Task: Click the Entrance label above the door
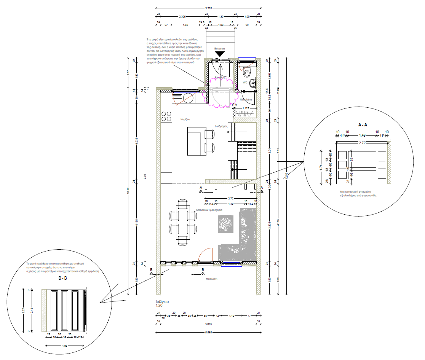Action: (220, 49)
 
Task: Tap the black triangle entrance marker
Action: (220, 55)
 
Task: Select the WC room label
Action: (245, 82)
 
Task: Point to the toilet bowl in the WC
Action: (248, 72)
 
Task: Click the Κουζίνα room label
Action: (185, 119)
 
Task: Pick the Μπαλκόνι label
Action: (211, 279)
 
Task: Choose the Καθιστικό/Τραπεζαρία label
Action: (209, 210)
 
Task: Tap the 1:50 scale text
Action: (159, 306)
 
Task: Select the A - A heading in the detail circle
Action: (363, 124)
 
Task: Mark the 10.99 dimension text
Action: (128, 190)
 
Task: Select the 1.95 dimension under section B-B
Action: (65, 346)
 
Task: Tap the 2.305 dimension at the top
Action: (182, 16)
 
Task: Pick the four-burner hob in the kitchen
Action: (166, 116)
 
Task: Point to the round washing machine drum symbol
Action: (189, 98)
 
